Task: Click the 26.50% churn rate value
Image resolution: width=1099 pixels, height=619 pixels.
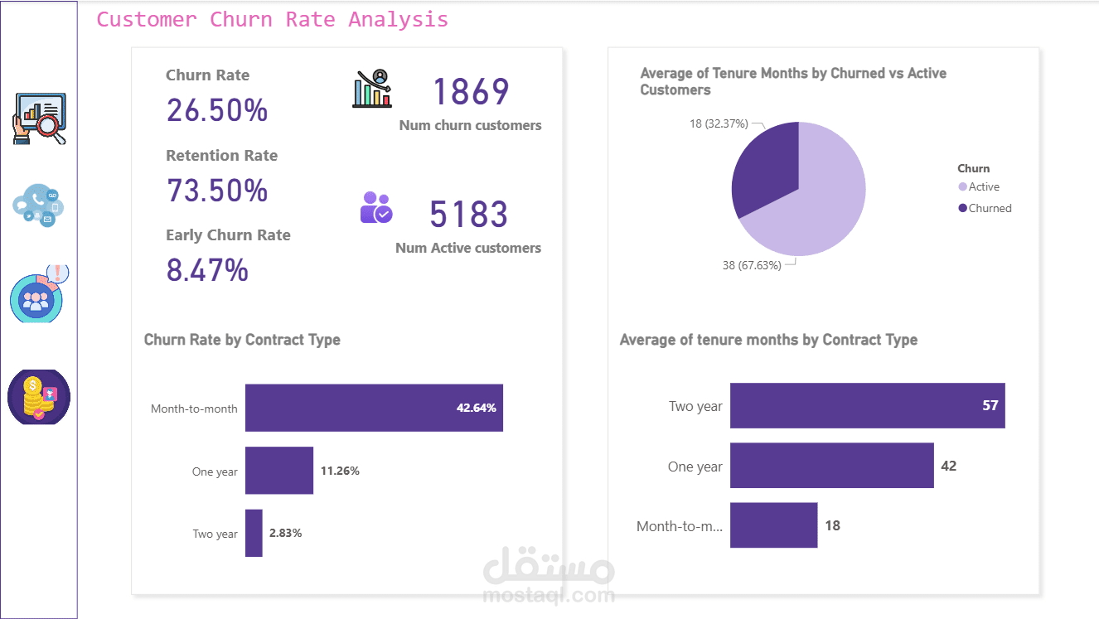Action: (x=217, y=110)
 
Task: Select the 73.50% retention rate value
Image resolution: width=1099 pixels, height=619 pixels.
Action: (x=217, y=191)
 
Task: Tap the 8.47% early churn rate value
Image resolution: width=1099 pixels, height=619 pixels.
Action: (x=207, y=271)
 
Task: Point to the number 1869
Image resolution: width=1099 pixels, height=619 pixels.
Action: (x=471, y=92)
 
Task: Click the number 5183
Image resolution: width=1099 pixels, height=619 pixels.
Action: (x=468, y=215)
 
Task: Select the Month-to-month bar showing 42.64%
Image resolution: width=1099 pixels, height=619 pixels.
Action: (x=374, y=408)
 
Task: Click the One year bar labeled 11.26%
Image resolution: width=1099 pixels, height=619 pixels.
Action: (x=279, y=471)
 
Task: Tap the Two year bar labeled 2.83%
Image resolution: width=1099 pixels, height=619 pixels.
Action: (x=254, y=533)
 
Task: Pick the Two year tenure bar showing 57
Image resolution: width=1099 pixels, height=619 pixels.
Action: (x=867, y=406)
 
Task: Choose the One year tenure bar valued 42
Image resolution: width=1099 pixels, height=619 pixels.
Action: (x=831, y=466)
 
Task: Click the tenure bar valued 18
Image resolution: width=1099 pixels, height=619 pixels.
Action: (x=773, y=525)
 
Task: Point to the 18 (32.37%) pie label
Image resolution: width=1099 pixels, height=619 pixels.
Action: (x=719, y=123)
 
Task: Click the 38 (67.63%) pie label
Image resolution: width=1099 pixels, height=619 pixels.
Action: (x=752, y=266)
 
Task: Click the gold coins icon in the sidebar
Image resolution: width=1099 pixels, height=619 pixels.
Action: (x=39, y=397)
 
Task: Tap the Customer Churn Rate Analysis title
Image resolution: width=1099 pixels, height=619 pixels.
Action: (x=272, y=19)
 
